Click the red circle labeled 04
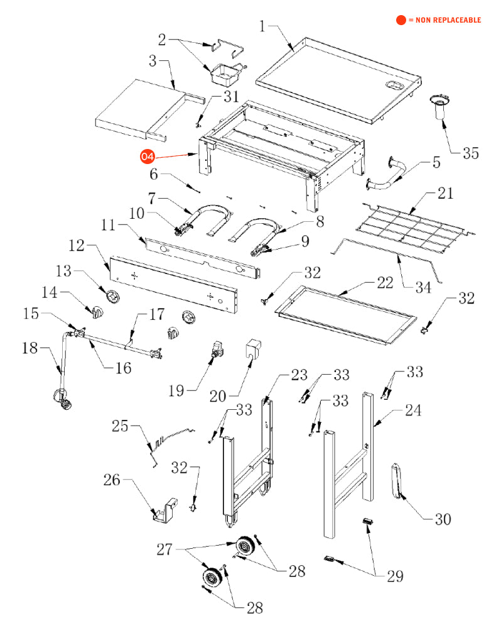147,157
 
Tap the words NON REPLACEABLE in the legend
448,20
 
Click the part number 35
470,153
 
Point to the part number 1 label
262,26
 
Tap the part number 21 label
445,193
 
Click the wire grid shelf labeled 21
415,228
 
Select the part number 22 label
385,283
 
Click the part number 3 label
153,61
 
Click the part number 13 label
63,271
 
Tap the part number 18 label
30,348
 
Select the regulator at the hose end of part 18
63,399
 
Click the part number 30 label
443,519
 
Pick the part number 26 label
112,480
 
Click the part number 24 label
413,410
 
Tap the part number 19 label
176,391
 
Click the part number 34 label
423,288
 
